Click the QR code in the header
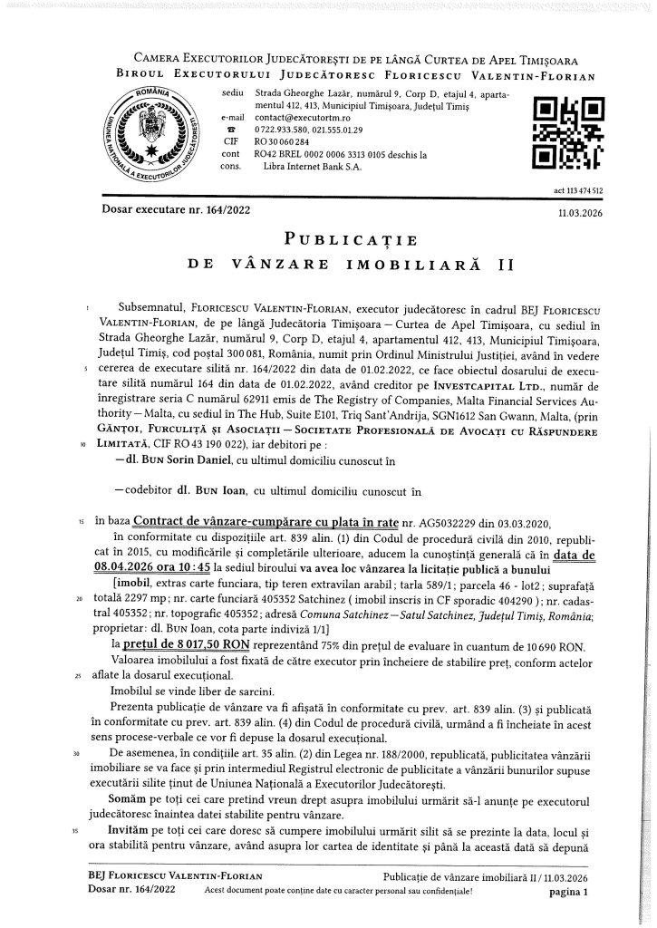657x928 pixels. [570, 134]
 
